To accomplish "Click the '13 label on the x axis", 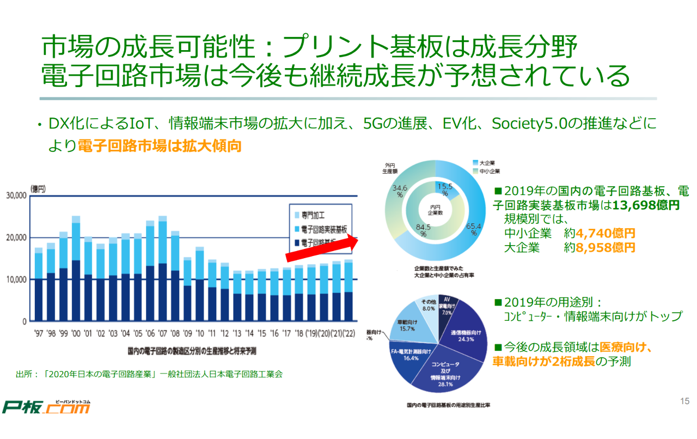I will coord(236,333).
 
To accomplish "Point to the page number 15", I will coord(684,401).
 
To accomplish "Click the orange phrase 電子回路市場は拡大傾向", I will coord(160,146).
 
